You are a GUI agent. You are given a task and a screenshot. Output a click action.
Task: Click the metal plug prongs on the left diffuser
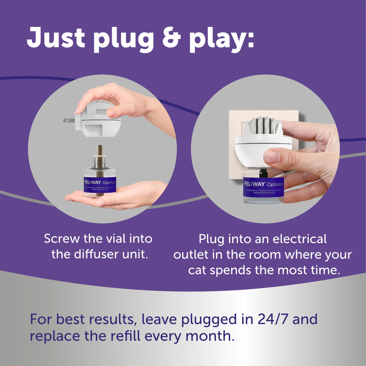click(x=69, y=120)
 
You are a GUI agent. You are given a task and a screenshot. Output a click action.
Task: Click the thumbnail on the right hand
click(x=271, y=156)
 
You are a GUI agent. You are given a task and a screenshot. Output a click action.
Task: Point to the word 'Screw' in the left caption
click(x=61, y=239)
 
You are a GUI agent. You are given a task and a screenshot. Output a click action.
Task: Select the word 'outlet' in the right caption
click(x=190, y=254)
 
